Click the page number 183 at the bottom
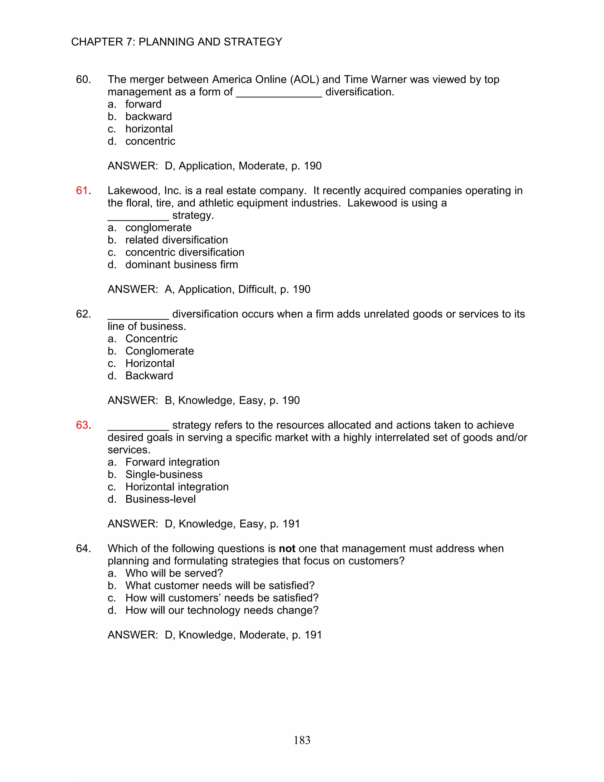click(x=302, y=740)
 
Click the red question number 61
click(x=82, y=191)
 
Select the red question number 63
click(x=82, y=425)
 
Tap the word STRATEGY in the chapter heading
click(x=253, y=42)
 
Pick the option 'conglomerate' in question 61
click(x=158, y=228)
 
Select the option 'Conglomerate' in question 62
click(x=159, y=351)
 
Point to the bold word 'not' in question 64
click(x=287, y=549)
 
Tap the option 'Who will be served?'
click(x=174, y=573)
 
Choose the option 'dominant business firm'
click(x=181, y=265)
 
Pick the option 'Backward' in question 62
click(x=149, y=376)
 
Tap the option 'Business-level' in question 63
click(x=160, y=499)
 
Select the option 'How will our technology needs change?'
click(x=221, y=610)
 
